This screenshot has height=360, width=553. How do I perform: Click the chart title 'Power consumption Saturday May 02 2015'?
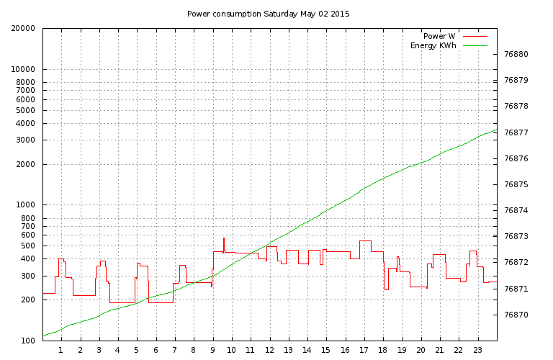(x=268, y=14)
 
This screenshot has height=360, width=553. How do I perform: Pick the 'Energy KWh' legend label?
(x=434, y=45)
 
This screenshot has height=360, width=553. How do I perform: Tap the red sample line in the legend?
(x=475, y=35)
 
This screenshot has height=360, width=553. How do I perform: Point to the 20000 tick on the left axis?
(x=23, y=29)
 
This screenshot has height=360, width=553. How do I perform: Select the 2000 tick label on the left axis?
(x=25, y=165)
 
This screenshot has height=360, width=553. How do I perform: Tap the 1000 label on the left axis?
(x=25, y=205)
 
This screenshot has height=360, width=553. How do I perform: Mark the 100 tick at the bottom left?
(x=27, y=341)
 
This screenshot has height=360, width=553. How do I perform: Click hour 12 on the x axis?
(x=269, y=351)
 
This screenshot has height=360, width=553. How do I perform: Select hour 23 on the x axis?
(x=477, y=351)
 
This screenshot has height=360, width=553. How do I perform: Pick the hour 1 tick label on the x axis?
(x=61, y=351)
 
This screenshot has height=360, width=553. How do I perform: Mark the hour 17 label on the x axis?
(x=364, y=351)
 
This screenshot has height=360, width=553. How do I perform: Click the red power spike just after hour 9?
(x=224, y=242)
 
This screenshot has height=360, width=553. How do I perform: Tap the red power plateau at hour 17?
(x=365, y=241)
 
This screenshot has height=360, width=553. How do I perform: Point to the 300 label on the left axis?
(x=27, y=276)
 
